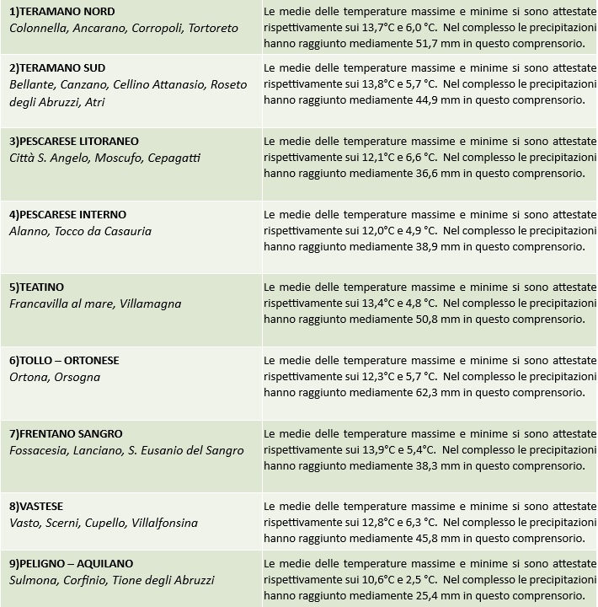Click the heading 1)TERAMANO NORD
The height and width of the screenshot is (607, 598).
(61, 12)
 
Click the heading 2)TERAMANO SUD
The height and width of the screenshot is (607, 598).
(57, 68)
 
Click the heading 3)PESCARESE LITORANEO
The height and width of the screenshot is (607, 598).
(74, 141)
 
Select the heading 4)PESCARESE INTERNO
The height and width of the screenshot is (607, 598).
(67, 214)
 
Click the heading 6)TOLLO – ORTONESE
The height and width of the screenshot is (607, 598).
(64, 360)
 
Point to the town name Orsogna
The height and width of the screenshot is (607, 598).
(77, 377)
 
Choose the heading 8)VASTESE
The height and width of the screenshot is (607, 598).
(36, 507)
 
